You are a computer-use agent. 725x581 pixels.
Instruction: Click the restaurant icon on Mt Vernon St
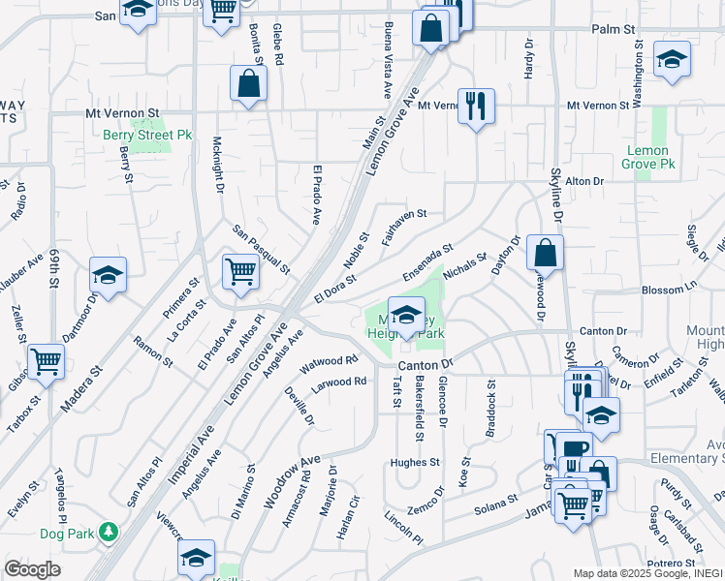pos(476,106)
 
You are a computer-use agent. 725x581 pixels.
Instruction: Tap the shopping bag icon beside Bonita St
pos(248,83)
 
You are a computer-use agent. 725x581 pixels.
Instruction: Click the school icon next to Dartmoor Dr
pos(108,274)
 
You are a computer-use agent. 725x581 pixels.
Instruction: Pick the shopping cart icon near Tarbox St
pos(46,361)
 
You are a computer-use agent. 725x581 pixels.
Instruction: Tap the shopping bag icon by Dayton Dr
pos(546,252)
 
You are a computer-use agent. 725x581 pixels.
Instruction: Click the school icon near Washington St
pos(672,59)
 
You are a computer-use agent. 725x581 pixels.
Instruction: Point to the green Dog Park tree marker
pos(110,532)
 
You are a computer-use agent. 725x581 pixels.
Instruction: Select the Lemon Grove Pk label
pos(648,157)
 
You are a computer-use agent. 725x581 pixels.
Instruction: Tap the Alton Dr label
pos(584,181)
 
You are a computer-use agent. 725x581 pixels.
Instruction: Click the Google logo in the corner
pos(31,568)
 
